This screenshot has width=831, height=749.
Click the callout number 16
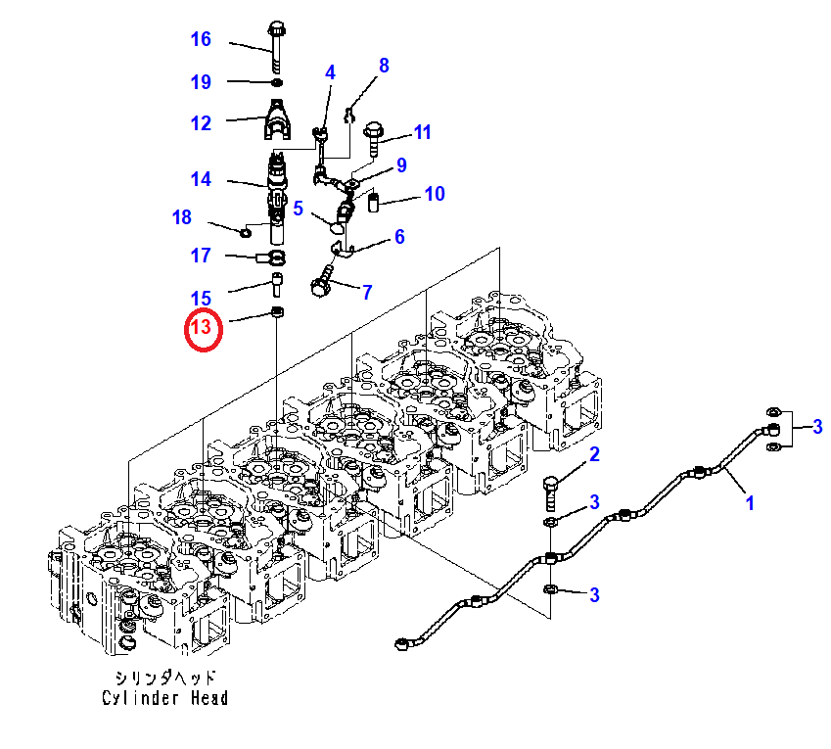point(201,40)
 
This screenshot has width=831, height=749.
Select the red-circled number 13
point(206,329)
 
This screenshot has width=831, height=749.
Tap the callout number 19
point(201,82)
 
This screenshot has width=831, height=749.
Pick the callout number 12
point(201,123)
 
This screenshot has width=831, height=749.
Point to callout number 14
point(201,179)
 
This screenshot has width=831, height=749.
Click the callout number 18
point(182,217)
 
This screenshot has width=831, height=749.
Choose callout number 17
point(201,256)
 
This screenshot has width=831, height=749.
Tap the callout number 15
point(201,298)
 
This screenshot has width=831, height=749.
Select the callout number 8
point(384,67)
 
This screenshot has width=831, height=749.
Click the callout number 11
point(422,133)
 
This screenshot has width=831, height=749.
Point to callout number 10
point(434,194)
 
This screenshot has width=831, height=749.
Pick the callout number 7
point(367,292)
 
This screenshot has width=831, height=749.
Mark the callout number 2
point(593,453)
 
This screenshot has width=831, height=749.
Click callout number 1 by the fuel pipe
point(750,503)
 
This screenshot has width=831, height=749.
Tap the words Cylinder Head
point(165,697)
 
